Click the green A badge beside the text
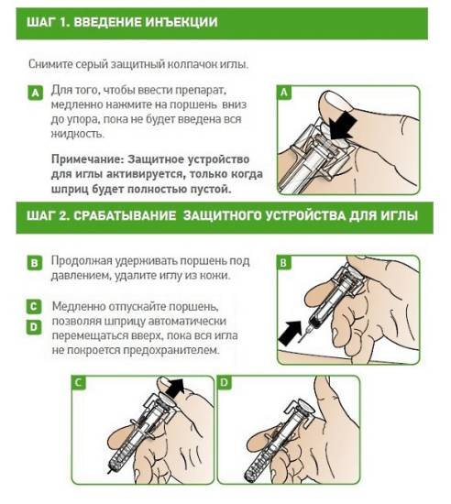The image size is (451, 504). click(x=36, y=93)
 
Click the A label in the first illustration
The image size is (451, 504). click(x=284, y=93)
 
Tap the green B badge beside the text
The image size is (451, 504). click(x=34, y=263)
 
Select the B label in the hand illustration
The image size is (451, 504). click(x=283, y=263)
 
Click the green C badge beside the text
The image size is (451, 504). click(x=34, y=306)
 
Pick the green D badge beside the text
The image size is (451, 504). click(x=34, y=327)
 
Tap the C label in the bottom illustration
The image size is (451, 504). click(x=79, y=383)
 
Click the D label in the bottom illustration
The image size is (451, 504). click(x=225, y=382)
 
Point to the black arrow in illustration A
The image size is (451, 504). click(x=342, y=126)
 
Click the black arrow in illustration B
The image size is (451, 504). click(x=291, y=333)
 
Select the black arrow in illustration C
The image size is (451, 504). click(x=176, y=387)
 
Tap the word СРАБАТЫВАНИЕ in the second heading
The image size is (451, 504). click(x=125, y=215)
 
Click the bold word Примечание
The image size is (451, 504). click(x=88, y=159)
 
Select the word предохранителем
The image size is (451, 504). click(x=171, y=350)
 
